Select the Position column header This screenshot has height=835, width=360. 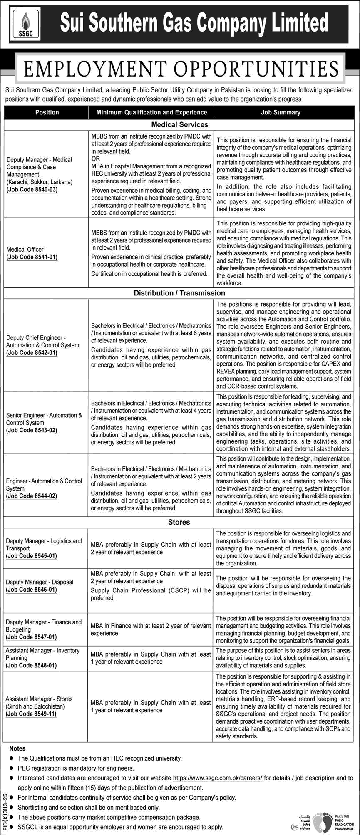[47, 112]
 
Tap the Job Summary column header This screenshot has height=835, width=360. [281, 112]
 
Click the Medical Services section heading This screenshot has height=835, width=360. [179, 124]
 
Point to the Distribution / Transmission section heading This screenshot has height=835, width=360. [179, 293]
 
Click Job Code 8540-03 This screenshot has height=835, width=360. [32, 190]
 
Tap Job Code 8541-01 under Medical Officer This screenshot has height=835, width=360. [32, 257]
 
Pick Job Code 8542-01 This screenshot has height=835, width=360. [32, 353]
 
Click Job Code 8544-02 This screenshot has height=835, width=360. [32, 496]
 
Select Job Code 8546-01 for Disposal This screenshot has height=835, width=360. [32, 590]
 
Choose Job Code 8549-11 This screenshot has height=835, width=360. [32, 714]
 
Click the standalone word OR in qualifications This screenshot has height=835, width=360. [96, 159]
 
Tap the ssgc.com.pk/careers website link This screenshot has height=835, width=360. [217, 778]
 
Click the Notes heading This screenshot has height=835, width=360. [17, 748]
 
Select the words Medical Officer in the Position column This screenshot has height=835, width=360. [25, 250]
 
